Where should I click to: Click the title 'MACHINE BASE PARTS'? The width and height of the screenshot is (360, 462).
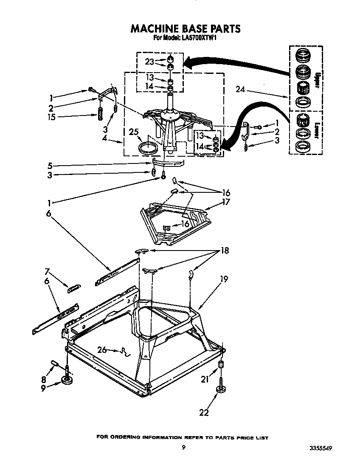(x=185, y=28)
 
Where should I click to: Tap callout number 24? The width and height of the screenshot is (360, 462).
(x=241, y=90)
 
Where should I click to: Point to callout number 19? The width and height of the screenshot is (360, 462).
(x=224, y=279)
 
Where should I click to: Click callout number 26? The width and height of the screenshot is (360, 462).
(x=102, y=350)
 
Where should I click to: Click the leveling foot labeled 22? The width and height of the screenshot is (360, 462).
(x=220, y=390)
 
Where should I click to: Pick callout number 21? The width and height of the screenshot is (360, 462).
(x=205, y=379)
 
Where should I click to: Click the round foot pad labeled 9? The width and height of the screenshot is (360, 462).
(x=67, y=380)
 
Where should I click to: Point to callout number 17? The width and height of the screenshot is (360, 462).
(x=226, y=202)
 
